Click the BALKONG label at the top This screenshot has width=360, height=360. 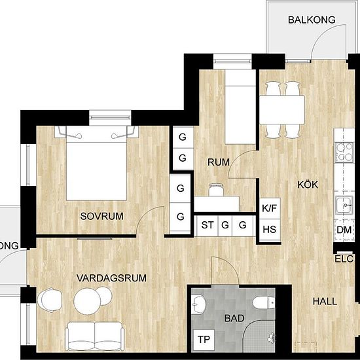coord(312,20)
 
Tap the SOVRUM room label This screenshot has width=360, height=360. coord(101,216)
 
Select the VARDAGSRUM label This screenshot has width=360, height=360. coord(111,278)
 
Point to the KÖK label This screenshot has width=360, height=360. coord(308,185)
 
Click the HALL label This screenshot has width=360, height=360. coord(325,301)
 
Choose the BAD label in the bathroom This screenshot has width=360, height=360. coord(234,318)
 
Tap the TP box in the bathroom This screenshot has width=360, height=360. coord(204,339)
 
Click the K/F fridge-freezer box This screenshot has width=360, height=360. coord(270,208)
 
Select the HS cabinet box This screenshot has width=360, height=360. coord(270,230)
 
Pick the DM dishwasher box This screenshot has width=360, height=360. coord(344,230)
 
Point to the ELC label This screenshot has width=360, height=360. coord(344,259)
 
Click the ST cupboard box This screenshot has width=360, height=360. coord(207,225)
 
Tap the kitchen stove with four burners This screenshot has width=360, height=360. coord(344,152)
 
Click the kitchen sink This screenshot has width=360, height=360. coord(344,205)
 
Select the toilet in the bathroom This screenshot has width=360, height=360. coord(264,302)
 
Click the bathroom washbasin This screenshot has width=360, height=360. coord(198,304)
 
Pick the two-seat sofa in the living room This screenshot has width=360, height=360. coord(95,336)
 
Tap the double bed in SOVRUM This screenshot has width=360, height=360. coord(96,163)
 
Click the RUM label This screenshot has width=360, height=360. coord(219,162)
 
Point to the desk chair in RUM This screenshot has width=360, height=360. coord(216,190)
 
